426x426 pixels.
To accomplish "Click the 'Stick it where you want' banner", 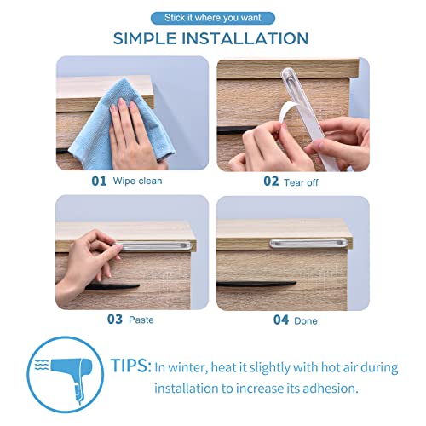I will tap(212, 17).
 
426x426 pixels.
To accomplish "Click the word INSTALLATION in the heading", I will tap(255, 38).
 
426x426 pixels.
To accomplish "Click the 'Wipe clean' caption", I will tap(139, 181).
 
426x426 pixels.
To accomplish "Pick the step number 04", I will tap(281, 320).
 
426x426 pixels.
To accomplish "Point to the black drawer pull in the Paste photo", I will tap(149, 283).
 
